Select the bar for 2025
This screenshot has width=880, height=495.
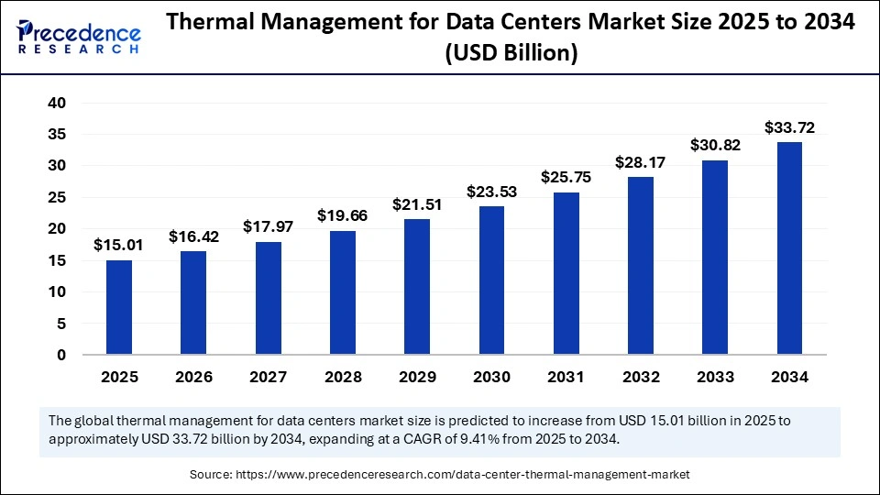(119, 307)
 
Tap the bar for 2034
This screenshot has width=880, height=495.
(790, 247)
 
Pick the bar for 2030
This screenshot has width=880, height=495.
(491, 280)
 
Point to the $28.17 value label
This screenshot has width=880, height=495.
(641, 162)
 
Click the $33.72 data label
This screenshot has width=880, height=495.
(790, 127)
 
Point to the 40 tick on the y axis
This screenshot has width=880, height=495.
(57, 103)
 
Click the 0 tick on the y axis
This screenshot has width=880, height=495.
(61, 355)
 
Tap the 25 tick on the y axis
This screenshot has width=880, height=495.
(57, 197)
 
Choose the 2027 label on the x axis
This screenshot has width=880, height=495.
(268, 377)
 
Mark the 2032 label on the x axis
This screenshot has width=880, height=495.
(641, 377)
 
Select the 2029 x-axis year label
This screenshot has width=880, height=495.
(417, 377)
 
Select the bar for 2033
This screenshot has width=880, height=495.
(715, 257)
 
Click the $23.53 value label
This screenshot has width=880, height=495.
(491, 192)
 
